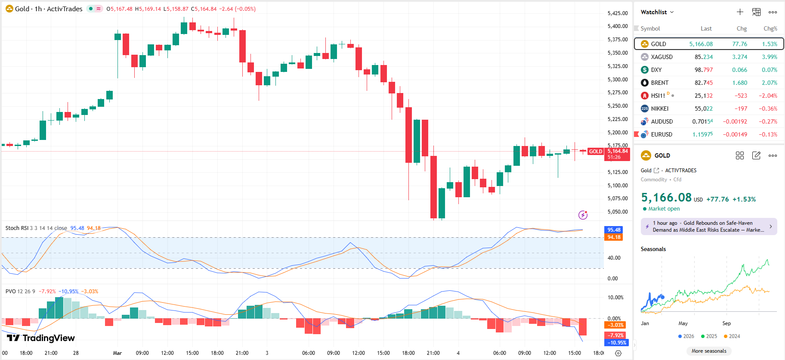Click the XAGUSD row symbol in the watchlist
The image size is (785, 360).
[x=661, y=57]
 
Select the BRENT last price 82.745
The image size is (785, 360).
[x=703, y=83]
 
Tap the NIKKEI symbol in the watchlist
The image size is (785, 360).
[x=659, y=109]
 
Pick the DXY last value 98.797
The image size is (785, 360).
[x=703, y=70]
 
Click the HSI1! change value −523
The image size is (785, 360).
[x=740, y=96]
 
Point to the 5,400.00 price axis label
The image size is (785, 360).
[x=617, y=26]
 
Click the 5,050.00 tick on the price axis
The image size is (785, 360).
[x=617, y=212]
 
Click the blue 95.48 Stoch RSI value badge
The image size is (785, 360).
[x=614, y=230]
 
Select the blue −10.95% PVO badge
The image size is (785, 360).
[x=616, y=343]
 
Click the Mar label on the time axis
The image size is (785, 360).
[x=117, y=353]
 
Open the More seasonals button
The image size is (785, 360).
[x=708, y=351]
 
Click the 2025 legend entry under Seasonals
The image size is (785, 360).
[x=709, y=336]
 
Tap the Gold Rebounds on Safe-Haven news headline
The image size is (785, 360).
[x=708, y=227]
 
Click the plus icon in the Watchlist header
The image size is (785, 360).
[x=740, y=12]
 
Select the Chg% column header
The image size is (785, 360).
[x=770, y=28]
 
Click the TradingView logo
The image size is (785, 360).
[x=41, y=338]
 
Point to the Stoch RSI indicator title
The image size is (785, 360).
[x=36, y=228]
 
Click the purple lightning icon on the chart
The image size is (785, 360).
[x=583, y=215]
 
